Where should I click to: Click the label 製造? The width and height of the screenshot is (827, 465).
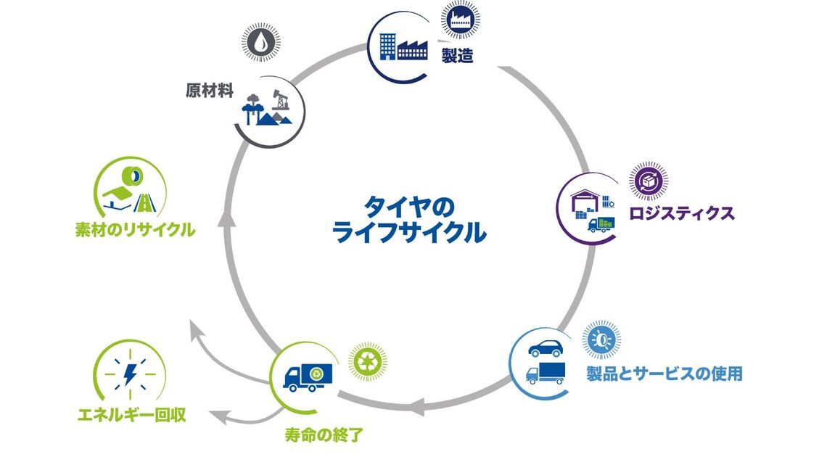click(x=457, y=55)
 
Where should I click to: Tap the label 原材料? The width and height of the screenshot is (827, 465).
click(x=208, y=91)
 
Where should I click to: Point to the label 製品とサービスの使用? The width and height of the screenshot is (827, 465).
click(x=664, y=374)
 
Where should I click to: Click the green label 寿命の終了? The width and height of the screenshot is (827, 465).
click(x=324, y=436)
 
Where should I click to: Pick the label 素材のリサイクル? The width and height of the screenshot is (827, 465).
click(x=135, y=231)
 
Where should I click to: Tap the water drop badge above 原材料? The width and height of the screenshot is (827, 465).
click(x=260, y=44)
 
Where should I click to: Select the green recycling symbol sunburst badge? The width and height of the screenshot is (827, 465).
click(x=368, y=361)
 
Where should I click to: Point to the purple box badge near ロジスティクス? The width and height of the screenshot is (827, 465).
click(x=649, y=181)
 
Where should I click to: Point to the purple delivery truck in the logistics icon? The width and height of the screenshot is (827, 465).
click(x=601, y=223)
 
